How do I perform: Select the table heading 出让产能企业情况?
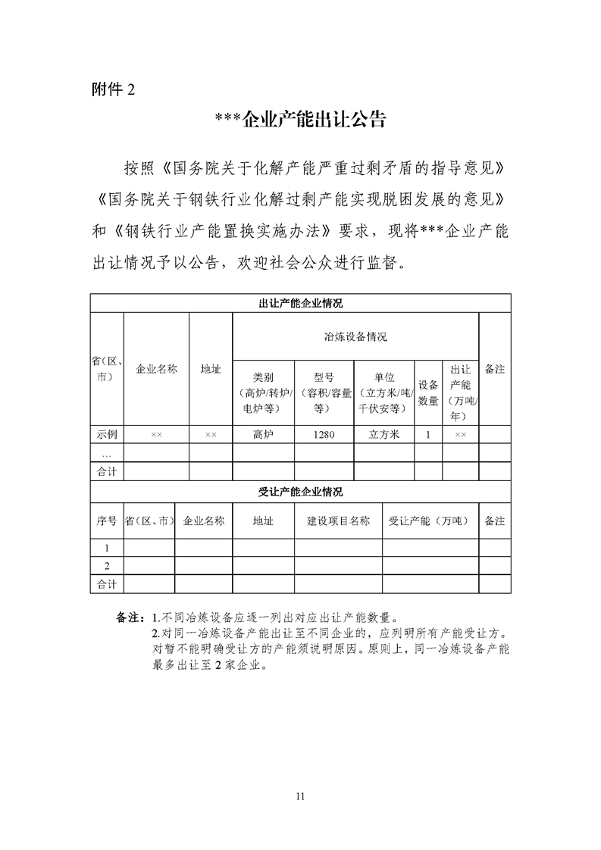tap(301, 304)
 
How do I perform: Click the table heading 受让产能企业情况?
tap(301, 492)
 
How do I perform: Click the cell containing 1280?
tap(324, 435)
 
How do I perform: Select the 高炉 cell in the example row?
tap(263, 435)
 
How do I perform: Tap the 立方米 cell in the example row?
tap(384, 435)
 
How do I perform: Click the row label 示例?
tap(107, 435)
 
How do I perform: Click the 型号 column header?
tap(324, 377)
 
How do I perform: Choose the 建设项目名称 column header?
tap(338, 521)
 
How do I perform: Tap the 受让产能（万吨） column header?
tap(429, 521)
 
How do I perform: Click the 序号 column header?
tap(107, 521)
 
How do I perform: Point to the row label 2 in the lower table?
tap(107, 566)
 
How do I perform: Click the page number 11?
tap(301, 795)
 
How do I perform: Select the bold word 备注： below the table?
tap(130, 617)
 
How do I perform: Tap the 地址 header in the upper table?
tap(211, 370)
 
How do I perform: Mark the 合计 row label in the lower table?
tap(107, 584)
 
